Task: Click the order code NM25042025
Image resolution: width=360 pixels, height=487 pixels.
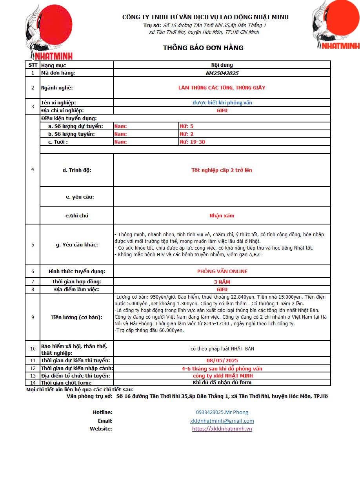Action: coord(222,73)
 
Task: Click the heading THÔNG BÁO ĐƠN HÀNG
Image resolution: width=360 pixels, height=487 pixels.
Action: coord(203,48)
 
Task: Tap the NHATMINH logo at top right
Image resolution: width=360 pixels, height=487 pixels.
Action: coord(336,25)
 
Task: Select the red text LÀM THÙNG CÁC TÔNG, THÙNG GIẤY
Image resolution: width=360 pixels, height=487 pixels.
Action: coord(222,88)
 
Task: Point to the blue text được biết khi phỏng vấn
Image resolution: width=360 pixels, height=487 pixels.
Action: coord(222,103)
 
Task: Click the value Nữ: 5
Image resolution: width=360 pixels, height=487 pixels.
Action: coord(187,126)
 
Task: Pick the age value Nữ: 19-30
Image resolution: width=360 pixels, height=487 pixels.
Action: coord(193,142)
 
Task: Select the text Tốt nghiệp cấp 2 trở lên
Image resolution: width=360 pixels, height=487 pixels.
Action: coord(222,170)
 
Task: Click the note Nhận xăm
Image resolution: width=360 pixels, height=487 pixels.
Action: coord(222,216)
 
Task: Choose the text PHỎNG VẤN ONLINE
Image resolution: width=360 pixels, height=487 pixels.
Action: coord(222,272)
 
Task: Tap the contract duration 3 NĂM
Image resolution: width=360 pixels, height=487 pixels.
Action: coord(222,282)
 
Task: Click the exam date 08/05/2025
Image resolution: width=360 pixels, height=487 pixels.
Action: coord(222,361)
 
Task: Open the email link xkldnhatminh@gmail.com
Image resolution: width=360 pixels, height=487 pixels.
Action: coord(222,421)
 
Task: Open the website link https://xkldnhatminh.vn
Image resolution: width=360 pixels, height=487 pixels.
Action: coord(222,429)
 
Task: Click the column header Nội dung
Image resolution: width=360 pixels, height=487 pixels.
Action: coord(222,65)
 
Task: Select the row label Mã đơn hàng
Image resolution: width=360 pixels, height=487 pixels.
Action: coord(58,73)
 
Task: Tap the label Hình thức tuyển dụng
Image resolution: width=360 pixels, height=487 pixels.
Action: coord(77,272)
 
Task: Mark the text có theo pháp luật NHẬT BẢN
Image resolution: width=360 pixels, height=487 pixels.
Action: coord(222,348)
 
